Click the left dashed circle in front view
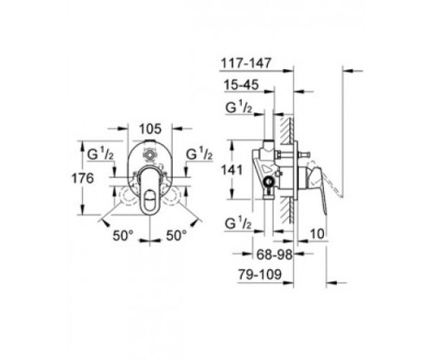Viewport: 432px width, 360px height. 122,186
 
